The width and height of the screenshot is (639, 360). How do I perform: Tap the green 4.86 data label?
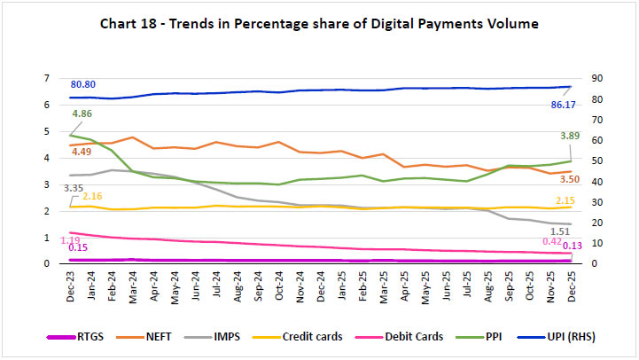(82, 114)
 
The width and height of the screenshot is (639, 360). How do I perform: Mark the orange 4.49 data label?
(82, 151)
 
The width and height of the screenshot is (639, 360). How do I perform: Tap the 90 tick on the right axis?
(588, 78)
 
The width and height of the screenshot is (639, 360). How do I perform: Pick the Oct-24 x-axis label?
(278, 286)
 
